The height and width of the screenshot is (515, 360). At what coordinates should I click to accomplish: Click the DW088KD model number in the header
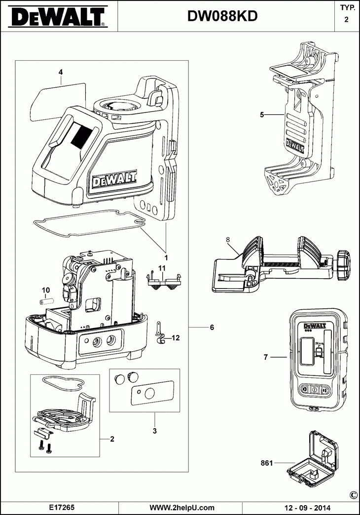pos(222,17)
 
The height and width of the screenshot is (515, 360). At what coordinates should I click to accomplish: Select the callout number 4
pos(60,72)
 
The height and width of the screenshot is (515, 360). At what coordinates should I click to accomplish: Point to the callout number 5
pos(262,114)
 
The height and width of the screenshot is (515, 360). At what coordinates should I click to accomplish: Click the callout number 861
pos(267,463)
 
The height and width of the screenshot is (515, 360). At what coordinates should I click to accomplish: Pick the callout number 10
pos(46,290)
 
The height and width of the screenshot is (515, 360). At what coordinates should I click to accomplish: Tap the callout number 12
pos(176,338)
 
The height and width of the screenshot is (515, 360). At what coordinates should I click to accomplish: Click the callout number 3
pos(154,431)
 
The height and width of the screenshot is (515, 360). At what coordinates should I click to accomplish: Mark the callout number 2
pos(112,439)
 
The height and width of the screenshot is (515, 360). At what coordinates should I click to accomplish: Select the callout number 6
pos(212,328)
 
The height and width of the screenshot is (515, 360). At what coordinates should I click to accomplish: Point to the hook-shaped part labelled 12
pos(159,333)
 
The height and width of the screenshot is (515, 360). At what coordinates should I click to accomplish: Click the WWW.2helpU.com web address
pos(182,507)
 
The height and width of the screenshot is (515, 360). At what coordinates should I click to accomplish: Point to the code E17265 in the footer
pos(62,507)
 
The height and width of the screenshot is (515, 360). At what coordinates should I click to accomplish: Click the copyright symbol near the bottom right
pos(353,495)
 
